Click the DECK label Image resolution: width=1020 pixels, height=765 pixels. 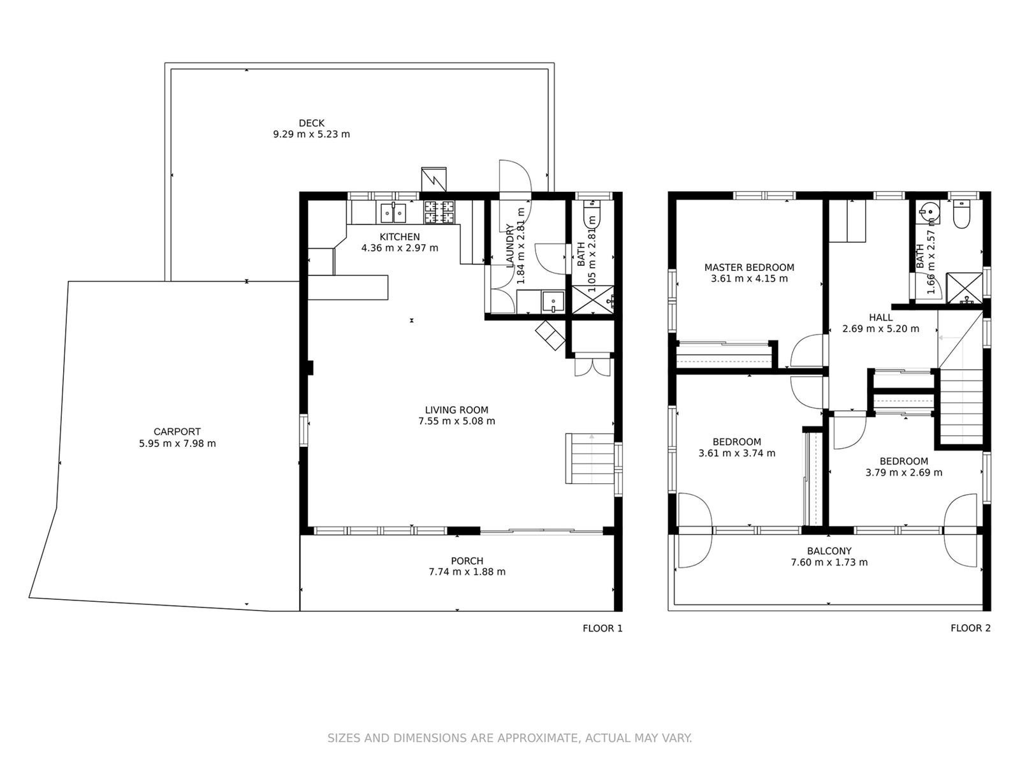pos(311,123)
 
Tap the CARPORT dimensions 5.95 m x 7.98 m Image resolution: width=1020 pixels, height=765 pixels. pos(177,444)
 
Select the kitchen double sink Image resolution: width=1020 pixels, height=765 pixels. pos(393,213)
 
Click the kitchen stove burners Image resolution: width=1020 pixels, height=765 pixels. pos(439,212)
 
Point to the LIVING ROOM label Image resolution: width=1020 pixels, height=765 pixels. pos(456,410)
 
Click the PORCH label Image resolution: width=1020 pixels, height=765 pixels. pos(467,561)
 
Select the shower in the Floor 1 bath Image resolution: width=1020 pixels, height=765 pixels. pos(592,300)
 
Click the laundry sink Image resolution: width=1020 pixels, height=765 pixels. pos(553,302)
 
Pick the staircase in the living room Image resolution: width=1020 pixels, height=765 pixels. pos(590,458)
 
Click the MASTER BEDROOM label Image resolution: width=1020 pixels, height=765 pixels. pos(749,268)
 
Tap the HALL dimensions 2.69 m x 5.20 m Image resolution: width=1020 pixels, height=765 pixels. pos(880,329)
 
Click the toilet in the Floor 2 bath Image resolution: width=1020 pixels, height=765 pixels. pos(961,215)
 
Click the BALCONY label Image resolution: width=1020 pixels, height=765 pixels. pos(829,551)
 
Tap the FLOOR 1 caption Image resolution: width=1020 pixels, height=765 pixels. pos(602,629)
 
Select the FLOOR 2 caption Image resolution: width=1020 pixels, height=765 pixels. pos(970,629)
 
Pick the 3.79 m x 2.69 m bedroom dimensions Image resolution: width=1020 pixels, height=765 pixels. pos(904,473)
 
